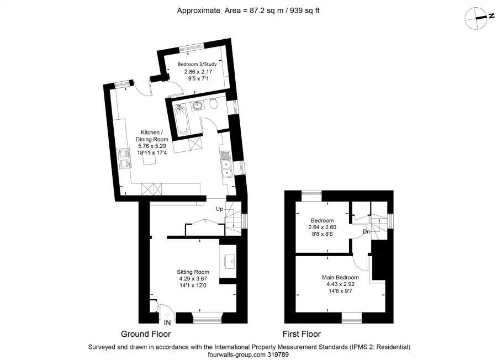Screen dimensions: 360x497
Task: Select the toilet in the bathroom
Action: pos(214,103)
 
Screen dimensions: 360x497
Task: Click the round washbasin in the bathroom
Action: pos(197,106)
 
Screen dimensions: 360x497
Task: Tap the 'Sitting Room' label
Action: pos(193,272)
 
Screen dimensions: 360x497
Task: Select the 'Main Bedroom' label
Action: pos(340,277)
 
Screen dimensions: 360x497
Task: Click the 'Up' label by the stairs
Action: pos(219,209)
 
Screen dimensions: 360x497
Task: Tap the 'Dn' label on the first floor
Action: pos(366,232)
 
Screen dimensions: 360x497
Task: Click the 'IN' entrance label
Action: pos(167,322)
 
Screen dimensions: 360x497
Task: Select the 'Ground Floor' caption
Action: pos(146,334)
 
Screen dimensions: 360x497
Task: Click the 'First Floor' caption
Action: pos(302,334)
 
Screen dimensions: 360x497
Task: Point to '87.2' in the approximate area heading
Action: pos(257,10)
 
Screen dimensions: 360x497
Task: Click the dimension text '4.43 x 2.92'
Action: pos(340,284)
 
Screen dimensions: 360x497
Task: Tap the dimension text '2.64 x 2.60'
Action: pos(321,227)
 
